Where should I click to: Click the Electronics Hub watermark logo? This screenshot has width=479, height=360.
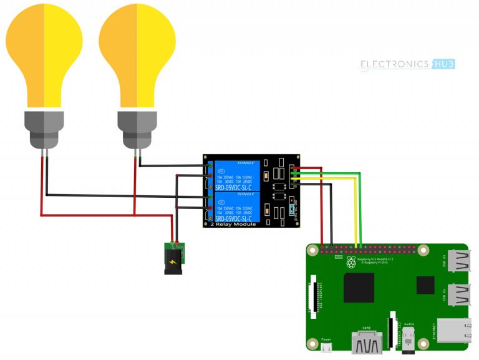[408, 64]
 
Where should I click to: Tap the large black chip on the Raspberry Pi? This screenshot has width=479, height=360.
[359, 288]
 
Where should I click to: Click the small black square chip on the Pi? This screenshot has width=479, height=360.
[425, 286]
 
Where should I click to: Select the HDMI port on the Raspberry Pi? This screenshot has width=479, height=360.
[368, 342]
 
